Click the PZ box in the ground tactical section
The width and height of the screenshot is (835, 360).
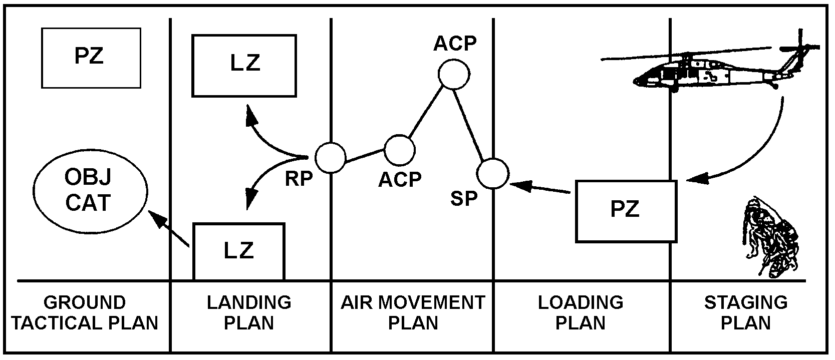[x=91, y=58]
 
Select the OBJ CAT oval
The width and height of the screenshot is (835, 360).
[x=91, y=191]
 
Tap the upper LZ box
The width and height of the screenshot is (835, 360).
[x=244, y=65]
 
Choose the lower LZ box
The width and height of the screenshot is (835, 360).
[x=239, y=251]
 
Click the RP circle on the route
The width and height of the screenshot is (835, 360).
[x=331, y=157]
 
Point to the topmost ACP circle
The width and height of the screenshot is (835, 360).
[x=453, y=74]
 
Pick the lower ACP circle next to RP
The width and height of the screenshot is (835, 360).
[x=399, y=149]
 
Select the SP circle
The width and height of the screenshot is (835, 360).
[x=493, y=174]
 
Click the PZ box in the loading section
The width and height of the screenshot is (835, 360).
[x=626, y=211]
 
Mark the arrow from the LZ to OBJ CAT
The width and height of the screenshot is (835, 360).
[x=168, y=228]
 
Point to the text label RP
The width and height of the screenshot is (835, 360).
[x=299, y=179]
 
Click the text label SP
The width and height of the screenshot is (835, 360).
[x=464, y=199]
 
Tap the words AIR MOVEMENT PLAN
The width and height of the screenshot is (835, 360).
[x=413, y=312]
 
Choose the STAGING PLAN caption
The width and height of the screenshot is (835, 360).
[x=745, y=312]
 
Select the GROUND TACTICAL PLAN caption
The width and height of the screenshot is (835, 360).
[x=85, y=312]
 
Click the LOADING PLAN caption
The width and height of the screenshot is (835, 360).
[x=581, y=312]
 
